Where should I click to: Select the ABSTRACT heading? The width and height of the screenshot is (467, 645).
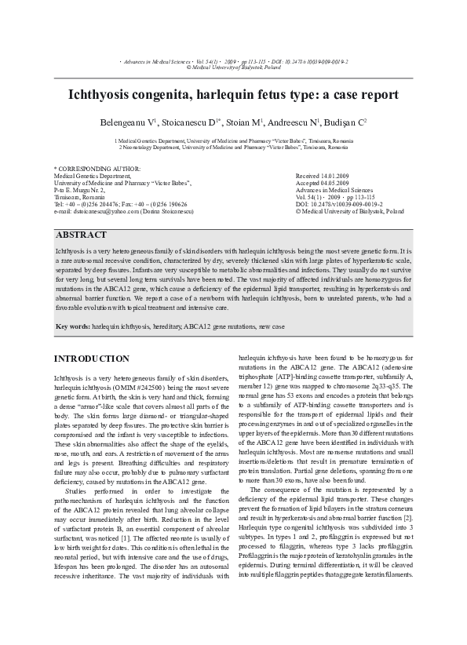82,235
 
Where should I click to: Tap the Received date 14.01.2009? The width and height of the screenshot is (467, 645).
339,177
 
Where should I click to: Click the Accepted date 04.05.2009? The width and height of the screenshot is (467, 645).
339,184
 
